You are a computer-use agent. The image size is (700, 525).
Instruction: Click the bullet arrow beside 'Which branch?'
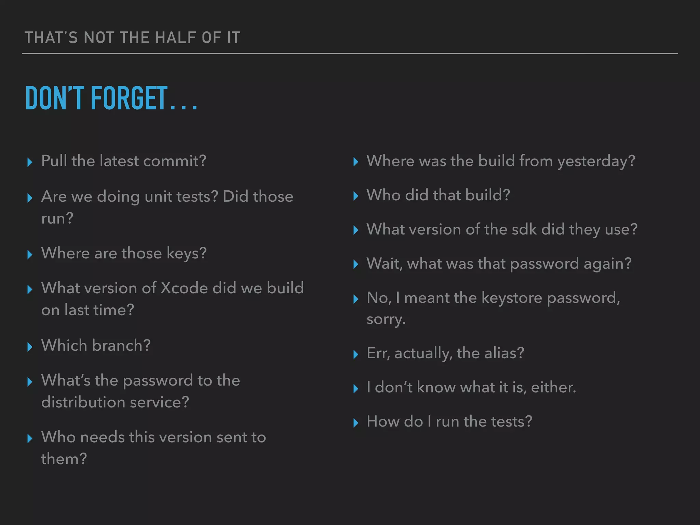pos(30,347)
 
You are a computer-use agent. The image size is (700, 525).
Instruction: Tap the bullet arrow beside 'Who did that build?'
pos(355,196)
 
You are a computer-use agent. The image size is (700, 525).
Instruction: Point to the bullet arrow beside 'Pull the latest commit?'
pos(30,162)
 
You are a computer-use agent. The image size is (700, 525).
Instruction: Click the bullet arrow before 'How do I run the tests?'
pos(355,423)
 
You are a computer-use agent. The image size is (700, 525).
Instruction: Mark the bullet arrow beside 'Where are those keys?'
pos(30,255)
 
